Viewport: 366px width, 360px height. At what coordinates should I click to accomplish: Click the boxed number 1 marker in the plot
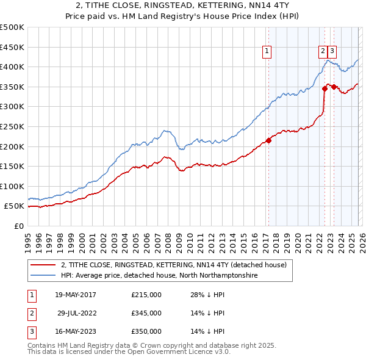(x=268, y=52)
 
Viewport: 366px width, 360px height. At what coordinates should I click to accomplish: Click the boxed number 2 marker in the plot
(x=322, y=52)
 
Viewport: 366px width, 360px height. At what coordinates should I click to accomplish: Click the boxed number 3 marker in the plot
(x=333, y=52)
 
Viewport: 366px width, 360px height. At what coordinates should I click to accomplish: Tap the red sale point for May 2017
(x=268, y=141)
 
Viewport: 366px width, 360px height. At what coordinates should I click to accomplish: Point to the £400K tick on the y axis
(x=12, y=67)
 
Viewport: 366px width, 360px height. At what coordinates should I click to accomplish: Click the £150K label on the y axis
(x=12, y=166)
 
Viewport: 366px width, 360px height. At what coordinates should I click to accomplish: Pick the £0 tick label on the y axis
(x=18, y=226)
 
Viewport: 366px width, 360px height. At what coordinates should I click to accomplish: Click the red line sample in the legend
(x=43, y=265)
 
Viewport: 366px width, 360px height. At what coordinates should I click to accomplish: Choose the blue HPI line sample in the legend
(x=43, y=276)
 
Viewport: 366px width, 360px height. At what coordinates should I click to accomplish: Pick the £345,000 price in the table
(x=146, y=313)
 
